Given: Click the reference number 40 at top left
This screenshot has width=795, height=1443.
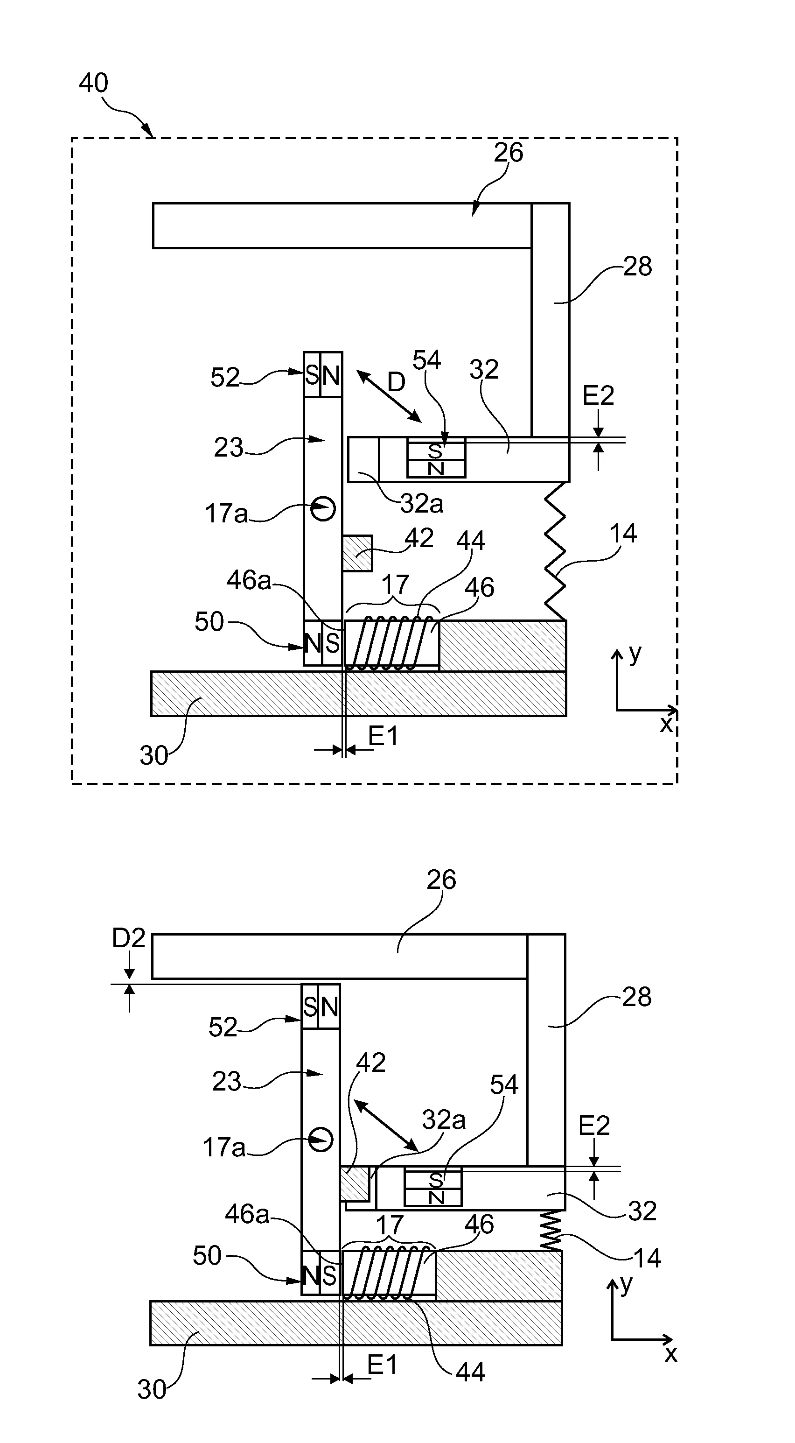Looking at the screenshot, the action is pos(93,83).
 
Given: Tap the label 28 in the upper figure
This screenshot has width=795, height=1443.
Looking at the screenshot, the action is pos(638,266).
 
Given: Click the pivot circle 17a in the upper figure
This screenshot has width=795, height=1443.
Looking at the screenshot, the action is pos(323,509).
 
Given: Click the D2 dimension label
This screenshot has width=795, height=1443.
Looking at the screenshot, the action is pos(129,938).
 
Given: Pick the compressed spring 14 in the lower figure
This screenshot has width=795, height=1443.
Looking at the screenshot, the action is pos(551,1231).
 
